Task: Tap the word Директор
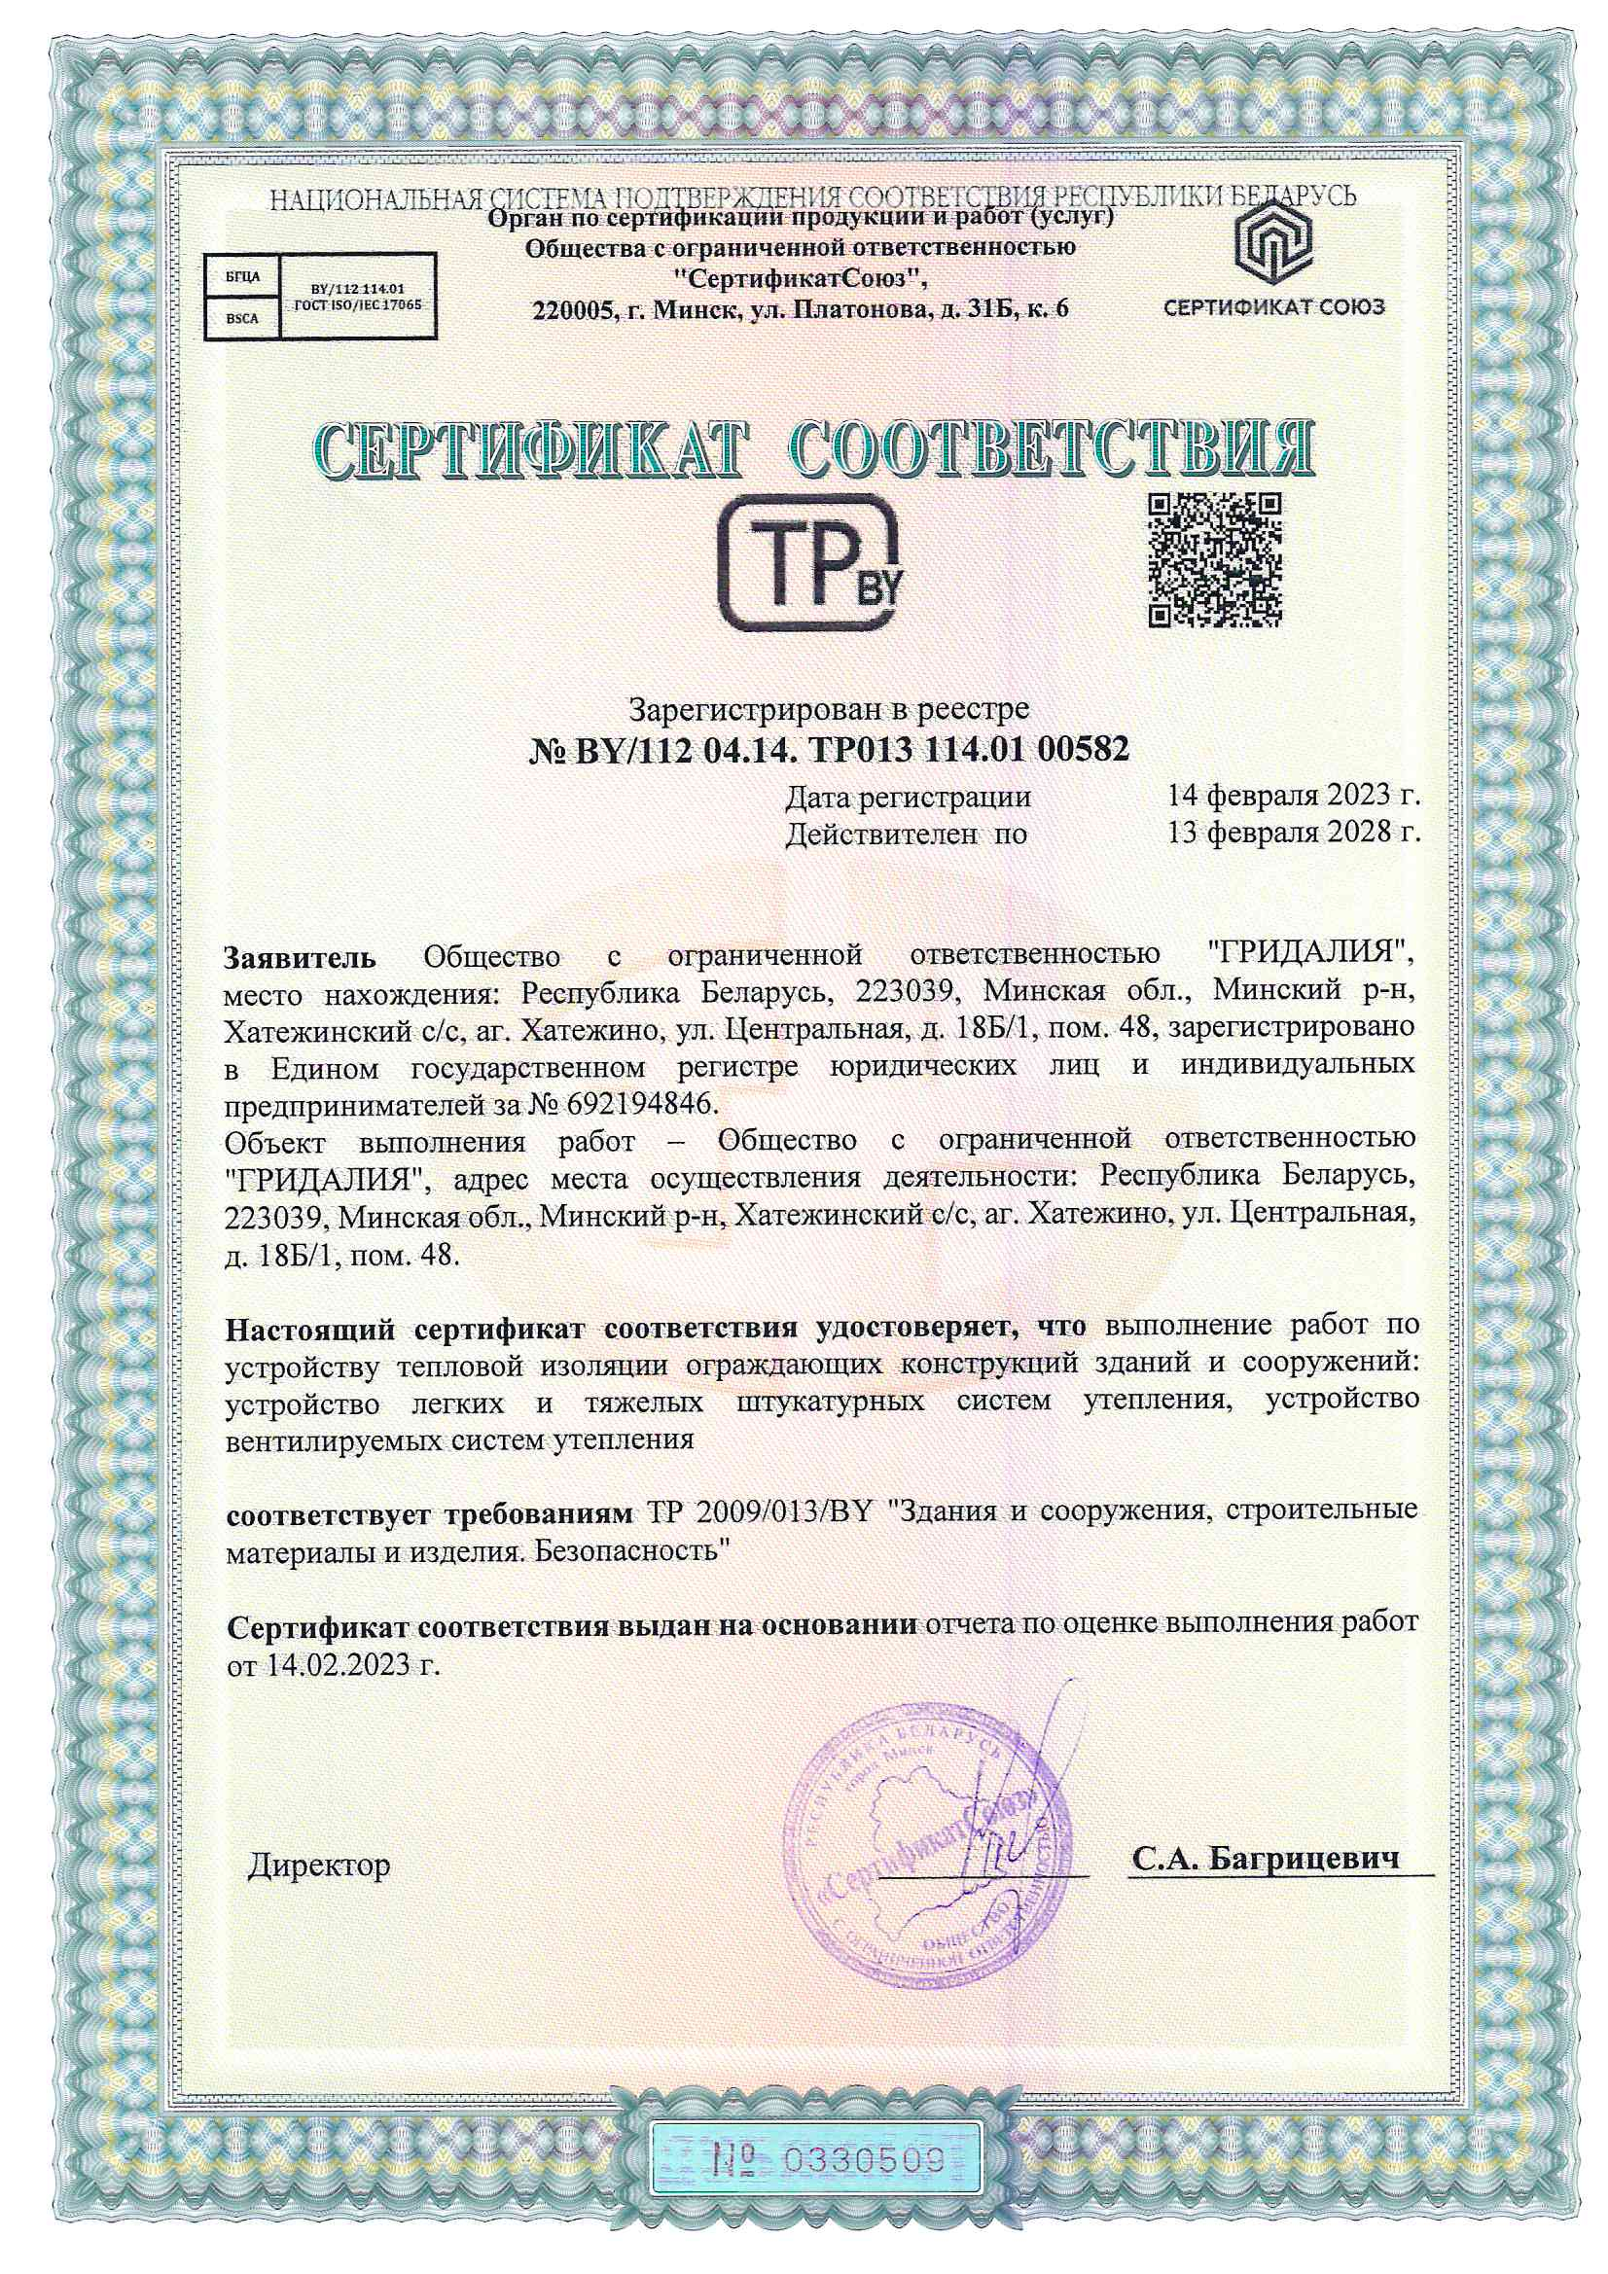[318, 1865]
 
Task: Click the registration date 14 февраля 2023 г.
[1293, 796]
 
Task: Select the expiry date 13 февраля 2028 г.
[1293, 833]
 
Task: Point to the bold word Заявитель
[301, 958]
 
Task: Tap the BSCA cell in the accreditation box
[242, 318]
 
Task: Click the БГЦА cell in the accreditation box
[242, 277]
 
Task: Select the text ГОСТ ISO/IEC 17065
[358, 306]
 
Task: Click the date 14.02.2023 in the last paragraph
[345, 1666]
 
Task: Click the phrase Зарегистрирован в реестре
[829, 708]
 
